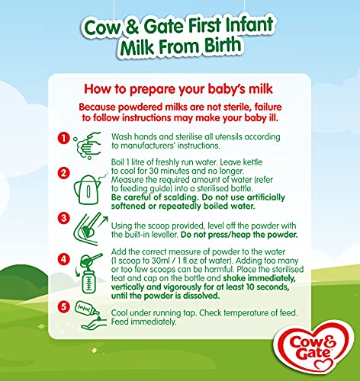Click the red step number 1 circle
click(63, 139)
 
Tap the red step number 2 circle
click(63, 173)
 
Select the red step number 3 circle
click(63, 218)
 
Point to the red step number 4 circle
click(63, 259)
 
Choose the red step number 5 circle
click(63, 307)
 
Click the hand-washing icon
click(87, 146)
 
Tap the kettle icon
click(89, 188)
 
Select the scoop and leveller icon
click(90, 229)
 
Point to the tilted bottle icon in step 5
click(87, 309)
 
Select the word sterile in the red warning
click(235, 107)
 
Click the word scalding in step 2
click(178, 197)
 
